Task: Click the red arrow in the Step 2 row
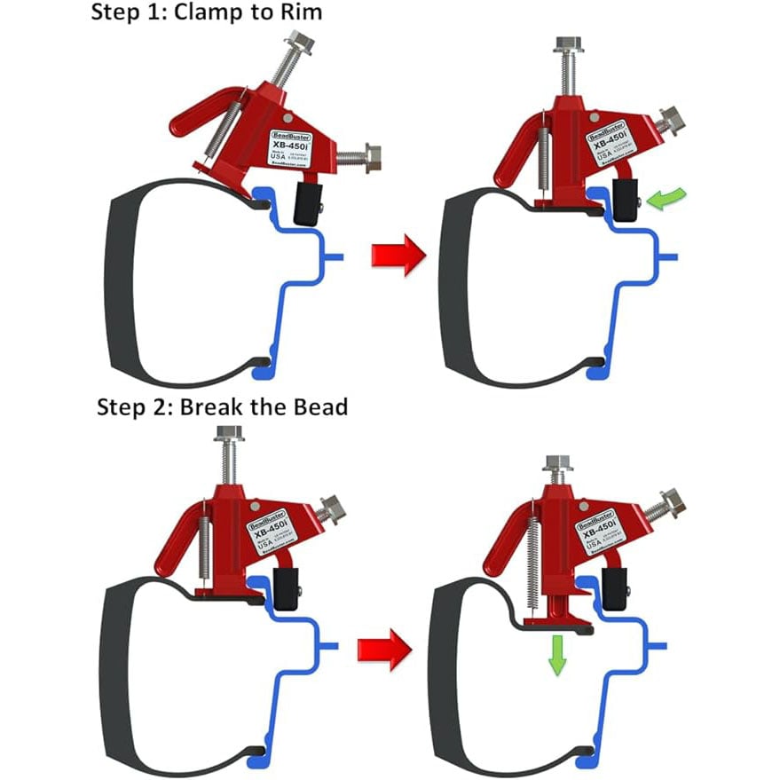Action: (x=384, y=650)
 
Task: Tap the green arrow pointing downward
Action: (x=556, y=654)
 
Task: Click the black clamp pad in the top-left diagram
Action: (x=307, y=202)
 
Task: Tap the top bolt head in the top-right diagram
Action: (x=563, y=46)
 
